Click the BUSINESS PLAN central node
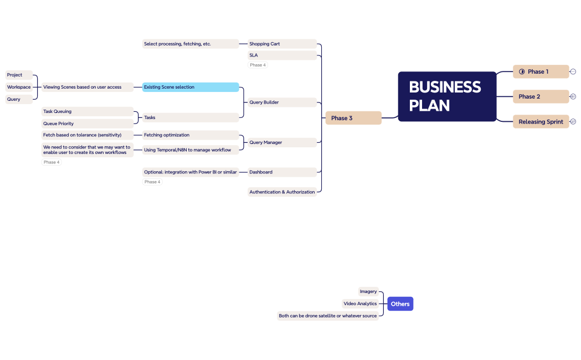(x=447, y=96)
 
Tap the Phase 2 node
(x=541, y=96)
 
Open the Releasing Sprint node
(x=541, y=122)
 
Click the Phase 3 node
(x=353, y=118)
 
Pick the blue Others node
(x=400, y=304)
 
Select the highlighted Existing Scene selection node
(x=191, y=87)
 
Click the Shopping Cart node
(x=282, y=44)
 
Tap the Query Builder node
(x=282, y=102)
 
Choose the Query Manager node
(x=282, y=142)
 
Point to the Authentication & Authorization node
(x=282, y=192)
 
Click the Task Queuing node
(x=88, y=111)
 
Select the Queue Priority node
(x=88, y=124)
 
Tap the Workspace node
(x=19, y=87)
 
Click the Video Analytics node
(x=360, y=304)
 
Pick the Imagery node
(x=368, y=291)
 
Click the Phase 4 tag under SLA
(x=258, y=65)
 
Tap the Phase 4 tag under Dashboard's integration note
(x=152, y=182)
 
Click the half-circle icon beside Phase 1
(x=522, y=71)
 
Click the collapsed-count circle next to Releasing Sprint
(x=573, y=122)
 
